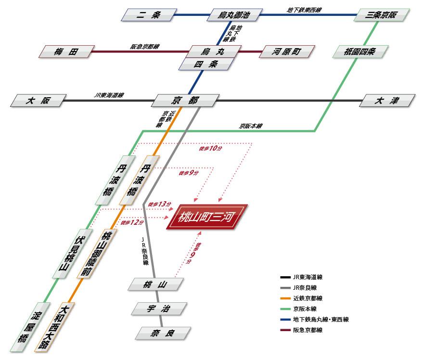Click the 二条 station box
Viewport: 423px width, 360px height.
tap(148, 15)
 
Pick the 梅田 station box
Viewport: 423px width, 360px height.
tap(66, 51)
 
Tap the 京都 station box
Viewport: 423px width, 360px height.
tap(184, 101)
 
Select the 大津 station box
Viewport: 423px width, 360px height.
tap(388, 101)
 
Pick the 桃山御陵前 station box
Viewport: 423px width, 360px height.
tap(97, 254)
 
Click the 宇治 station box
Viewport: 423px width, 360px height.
tap(158, 309)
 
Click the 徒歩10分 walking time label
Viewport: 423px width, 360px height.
tap(210, 149)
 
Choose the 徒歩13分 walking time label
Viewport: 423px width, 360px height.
tap(159, 204)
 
